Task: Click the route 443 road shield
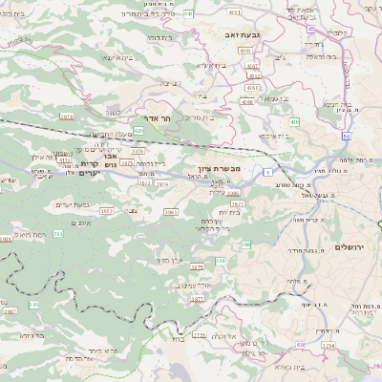pyautogui.click(x=189, y=13)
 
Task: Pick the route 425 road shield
pyautogui.click(x=139, y=128)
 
